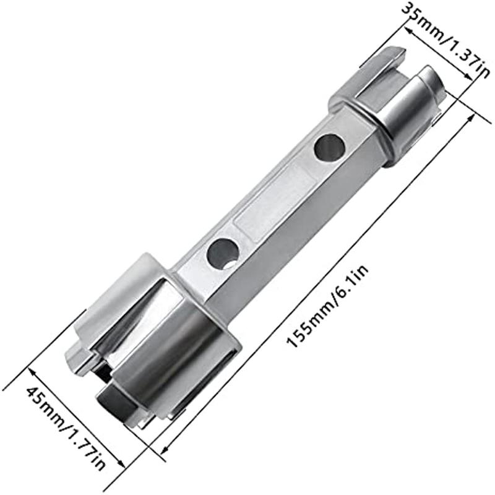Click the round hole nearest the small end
[x=329, y=148]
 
